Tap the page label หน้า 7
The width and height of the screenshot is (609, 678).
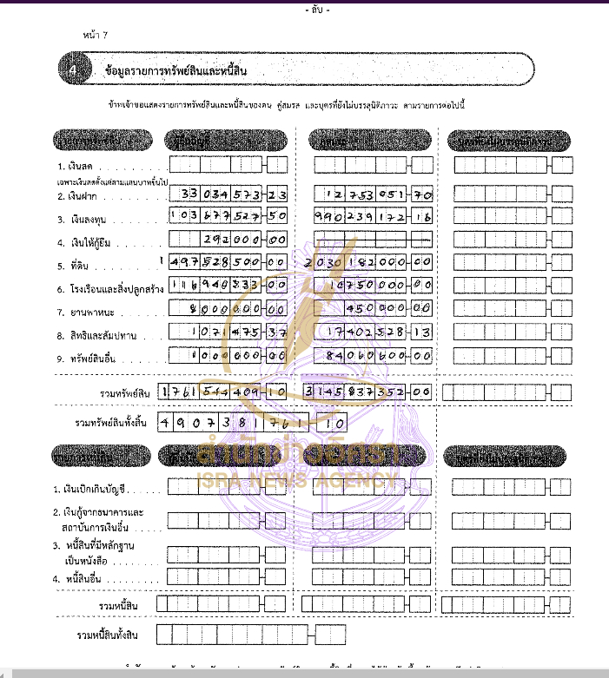(x=95, y=35)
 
